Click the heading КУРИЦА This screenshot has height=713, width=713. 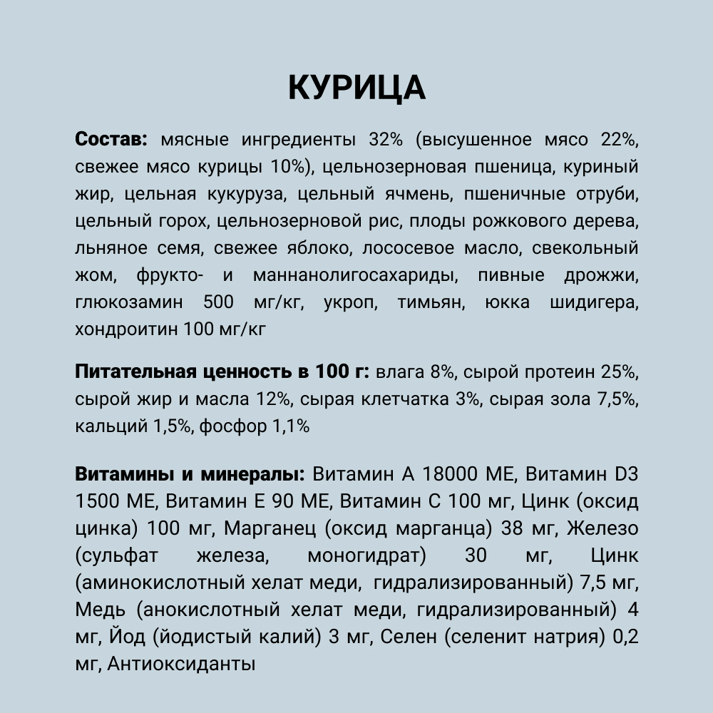coord(356,88)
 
